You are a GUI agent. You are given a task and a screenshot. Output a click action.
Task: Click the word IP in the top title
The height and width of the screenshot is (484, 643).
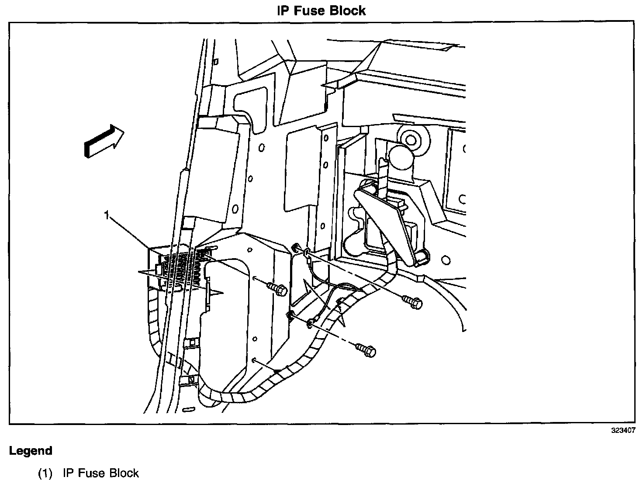282,10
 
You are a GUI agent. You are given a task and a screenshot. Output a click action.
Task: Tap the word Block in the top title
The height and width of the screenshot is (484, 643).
348,10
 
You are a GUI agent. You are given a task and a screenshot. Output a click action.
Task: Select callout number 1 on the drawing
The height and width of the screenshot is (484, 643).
106,215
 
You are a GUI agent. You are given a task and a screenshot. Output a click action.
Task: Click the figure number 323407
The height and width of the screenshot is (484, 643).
623,430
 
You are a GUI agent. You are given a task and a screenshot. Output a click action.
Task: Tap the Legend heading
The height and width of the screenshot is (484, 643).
31,451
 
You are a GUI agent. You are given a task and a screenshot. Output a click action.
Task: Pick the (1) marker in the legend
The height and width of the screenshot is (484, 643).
45,473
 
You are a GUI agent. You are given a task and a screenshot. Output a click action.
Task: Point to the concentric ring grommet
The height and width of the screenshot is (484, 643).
411,139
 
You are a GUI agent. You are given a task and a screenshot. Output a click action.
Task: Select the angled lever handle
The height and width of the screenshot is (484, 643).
389,223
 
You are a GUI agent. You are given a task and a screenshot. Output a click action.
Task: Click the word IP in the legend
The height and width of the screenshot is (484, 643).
68,473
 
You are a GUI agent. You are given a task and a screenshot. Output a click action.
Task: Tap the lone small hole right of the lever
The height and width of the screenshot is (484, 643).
446,261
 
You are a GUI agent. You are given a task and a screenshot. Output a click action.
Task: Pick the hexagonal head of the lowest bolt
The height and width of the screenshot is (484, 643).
370,352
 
